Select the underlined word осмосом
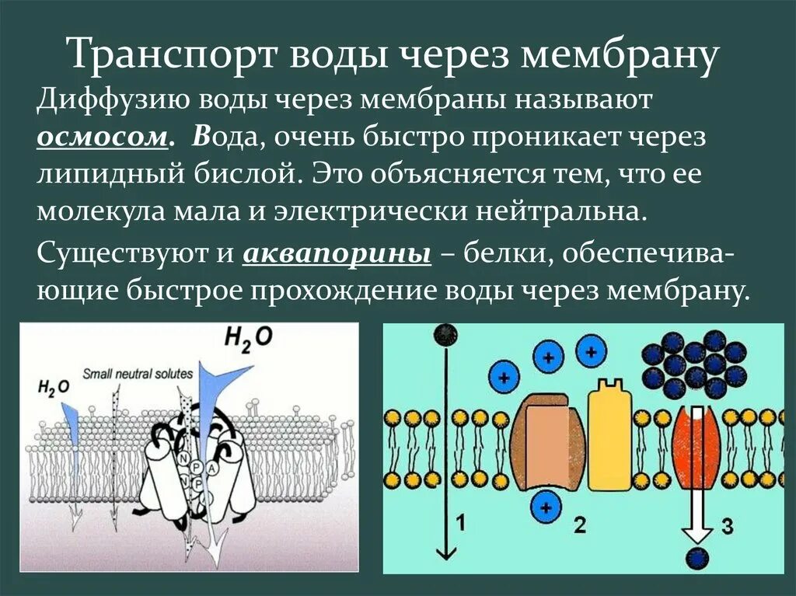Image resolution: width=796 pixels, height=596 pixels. point(101,137)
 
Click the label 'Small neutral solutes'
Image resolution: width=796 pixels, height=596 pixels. point(137,373)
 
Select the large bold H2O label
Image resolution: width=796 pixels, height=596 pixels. point(248,338)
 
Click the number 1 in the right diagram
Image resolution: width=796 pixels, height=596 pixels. point(460,524)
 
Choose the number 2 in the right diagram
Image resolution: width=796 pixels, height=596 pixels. point(579,525)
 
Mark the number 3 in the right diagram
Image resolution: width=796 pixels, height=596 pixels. point(727,526)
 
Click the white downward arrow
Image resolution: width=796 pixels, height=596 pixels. point(696,482)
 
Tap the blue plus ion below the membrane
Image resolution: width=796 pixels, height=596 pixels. point(546,509)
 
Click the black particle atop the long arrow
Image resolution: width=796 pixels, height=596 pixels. point(445,335)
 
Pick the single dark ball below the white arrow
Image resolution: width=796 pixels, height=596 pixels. point(696,558)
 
